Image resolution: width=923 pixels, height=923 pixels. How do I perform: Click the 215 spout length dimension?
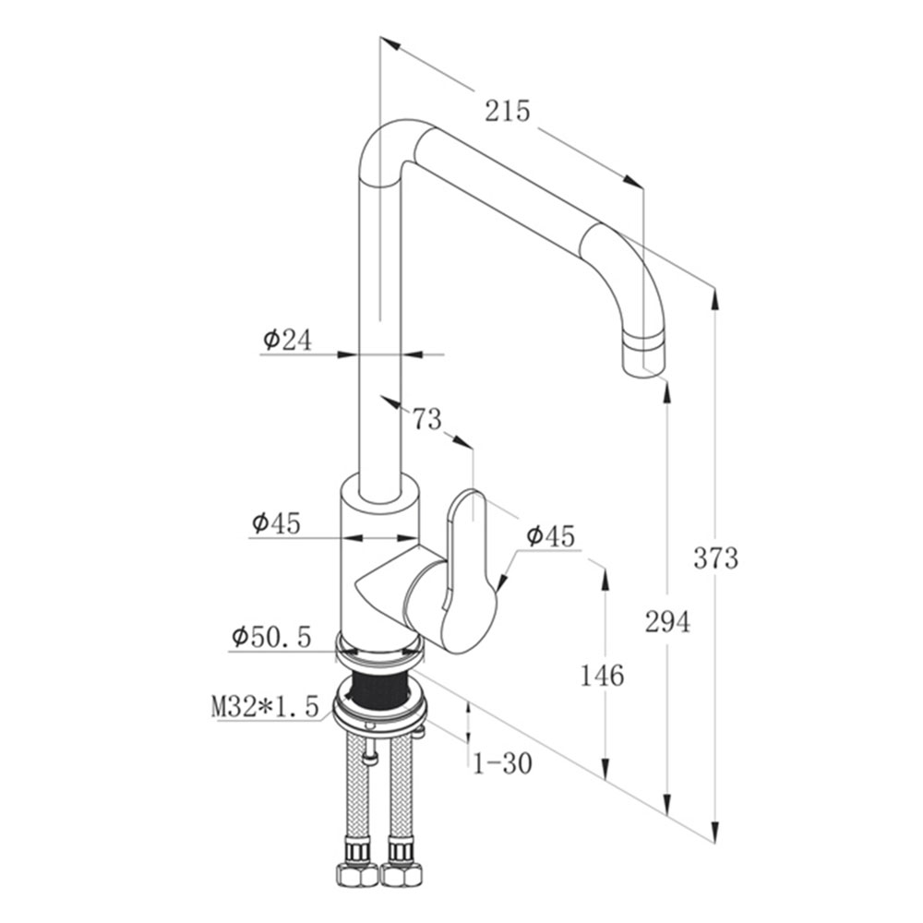tap(508, 111)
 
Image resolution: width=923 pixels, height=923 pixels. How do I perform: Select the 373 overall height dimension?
tap(716, 558)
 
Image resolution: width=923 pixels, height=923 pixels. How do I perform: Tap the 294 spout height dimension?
tap(667, 622)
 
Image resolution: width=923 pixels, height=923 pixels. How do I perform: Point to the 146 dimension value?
tap(602, 676)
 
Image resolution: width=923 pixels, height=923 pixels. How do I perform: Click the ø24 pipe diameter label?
tap(287, 340)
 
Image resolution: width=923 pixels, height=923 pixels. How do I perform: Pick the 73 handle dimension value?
tap(426, 420)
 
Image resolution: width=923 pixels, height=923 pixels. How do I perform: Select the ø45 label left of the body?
tap(275, 523)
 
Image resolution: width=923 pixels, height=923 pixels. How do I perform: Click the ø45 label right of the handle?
tap(550, 535)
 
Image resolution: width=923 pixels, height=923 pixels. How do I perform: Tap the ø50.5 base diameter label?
tap(270, 637)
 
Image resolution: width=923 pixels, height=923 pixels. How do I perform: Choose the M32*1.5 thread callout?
tap(265, 707)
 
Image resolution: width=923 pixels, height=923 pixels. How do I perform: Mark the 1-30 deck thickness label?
tap(502, 763)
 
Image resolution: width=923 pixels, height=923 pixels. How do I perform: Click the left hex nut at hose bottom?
tap(356, 872)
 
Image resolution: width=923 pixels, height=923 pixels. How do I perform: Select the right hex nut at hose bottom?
tap(402, 872)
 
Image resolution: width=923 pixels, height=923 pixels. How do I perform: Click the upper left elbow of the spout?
tap(380, 148)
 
